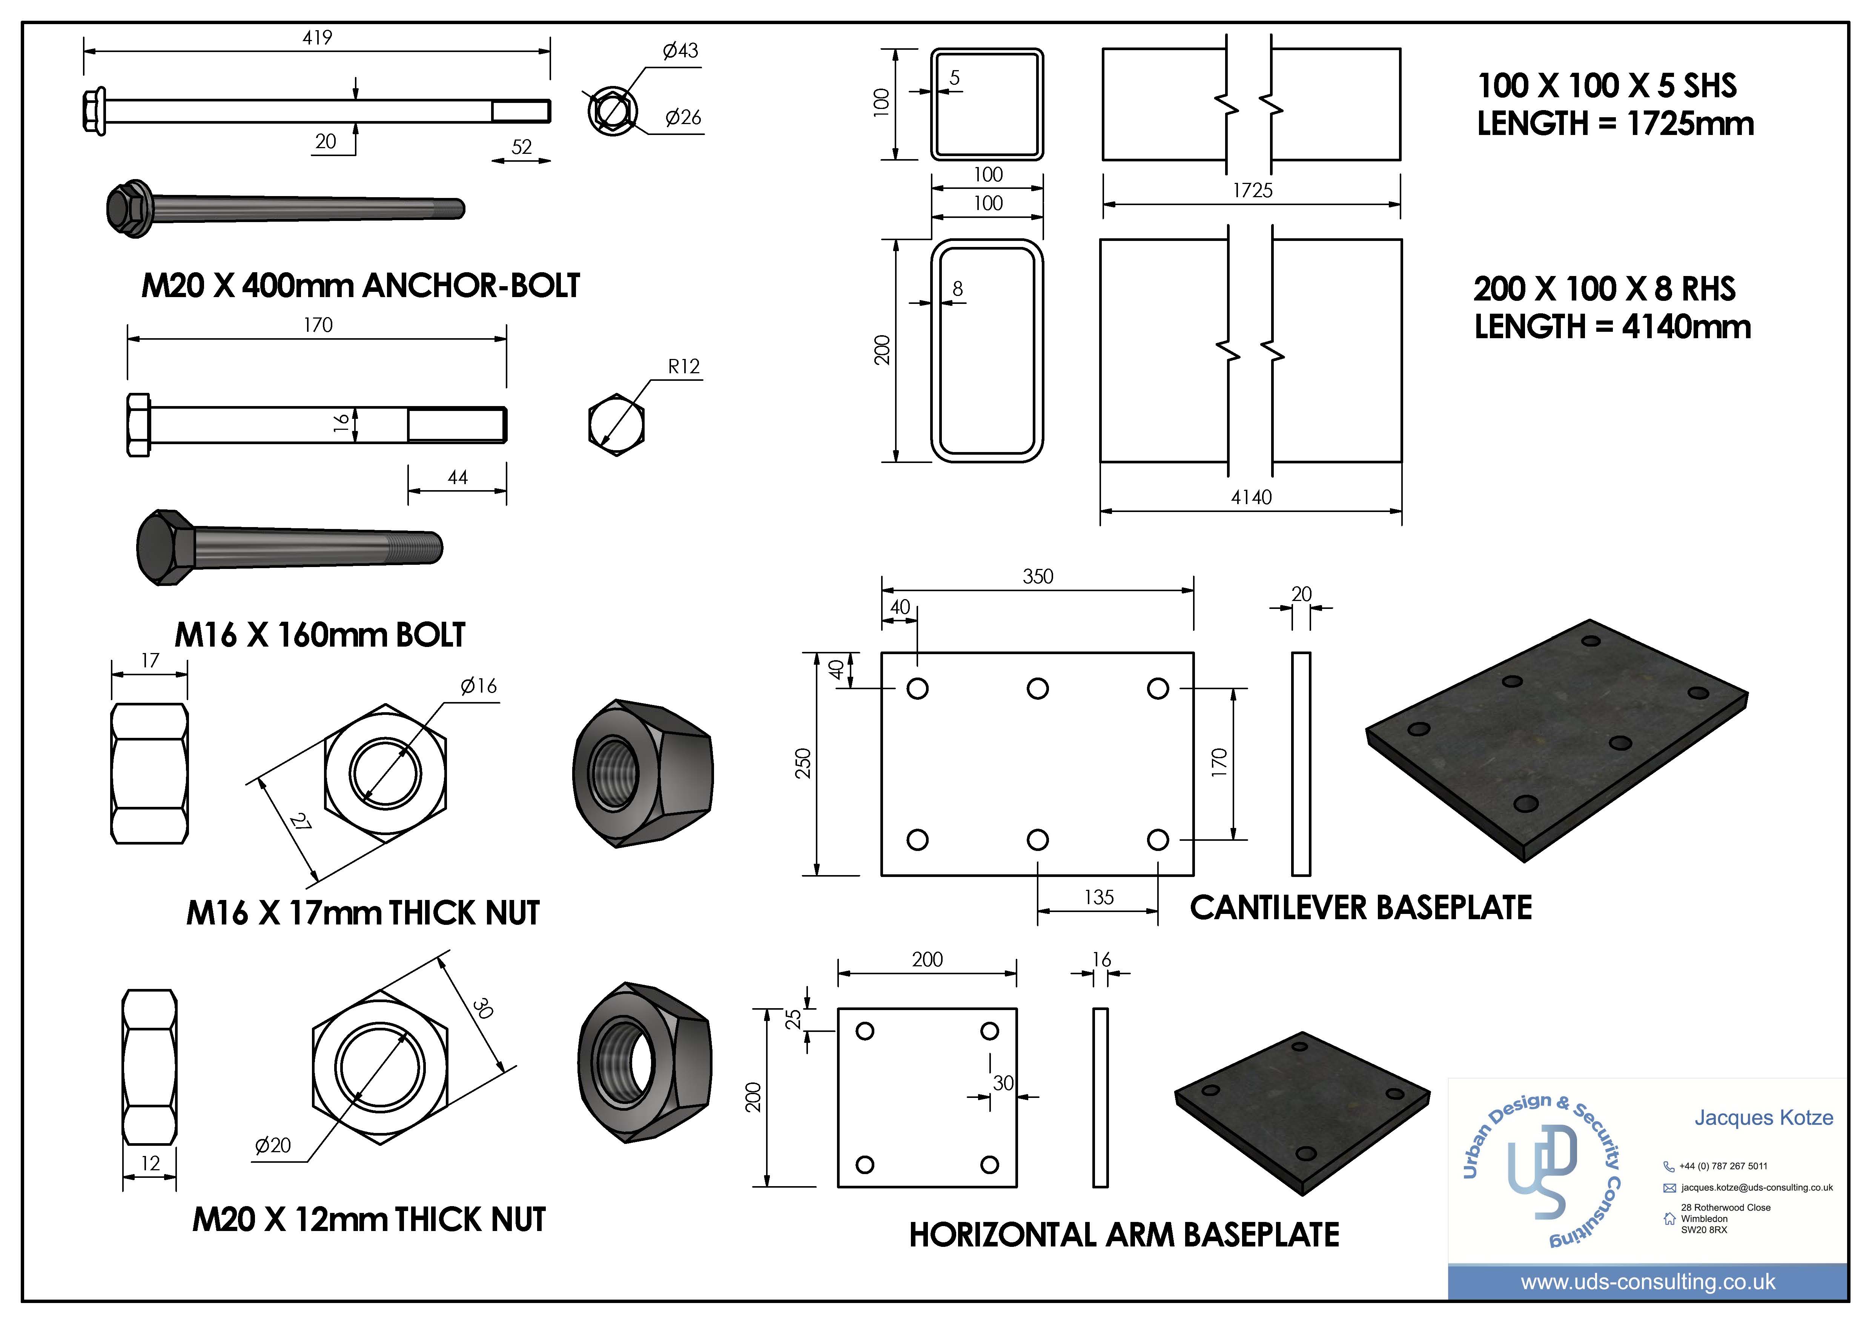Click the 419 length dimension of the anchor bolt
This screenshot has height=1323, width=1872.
(x=317, y=37)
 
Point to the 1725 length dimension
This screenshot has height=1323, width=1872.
(x=1252, y=191)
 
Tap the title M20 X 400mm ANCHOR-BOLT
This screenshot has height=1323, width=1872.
(x=360, y=286)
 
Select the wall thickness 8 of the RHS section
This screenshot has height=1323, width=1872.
(x=958, y=288)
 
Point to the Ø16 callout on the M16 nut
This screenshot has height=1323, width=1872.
(x=479, y=686)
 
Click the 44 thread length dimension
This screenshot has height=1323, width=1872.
(x=458, y=478)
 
